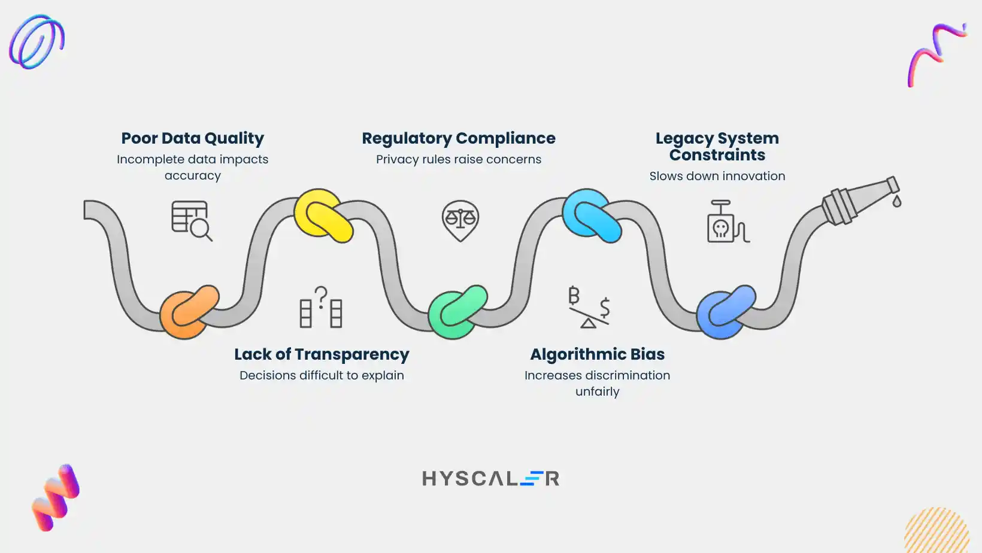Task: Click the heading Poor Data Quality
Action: click(x=192, y=138)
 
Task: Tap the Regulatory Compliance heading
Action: click(x=459, y=138)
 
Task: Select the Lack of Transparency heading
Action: click(x=322, y=354)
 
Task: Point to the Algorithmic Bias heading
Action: click(x=597, y=354)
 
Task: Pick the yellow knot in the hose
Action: click(x=323, y=215)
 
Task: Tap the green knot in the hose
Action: click(x=457, y=312)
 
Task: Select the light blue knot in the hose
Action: click(x=592, y=215)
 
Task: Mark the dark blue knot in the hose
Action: click(x=726, y=312)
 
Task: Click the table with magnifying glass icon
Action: click(x=192, y=221)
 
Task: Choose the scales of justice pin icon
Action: click(x=460, y=220)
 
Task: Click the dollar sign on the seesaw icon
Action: click(x=605, y=307)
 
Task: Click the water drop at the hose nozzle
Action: click(x=896, y=201)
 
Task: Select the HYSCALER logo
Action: click(x=491, y=478)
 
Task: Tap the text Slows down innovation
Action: click(x=717, y=176)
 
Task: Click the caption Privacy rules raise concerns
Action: click(x=459, y=159)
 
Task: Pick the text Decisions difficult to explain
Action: click(x=322, y=375)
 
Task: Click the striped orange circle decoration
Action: click(x=937, y=531)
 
